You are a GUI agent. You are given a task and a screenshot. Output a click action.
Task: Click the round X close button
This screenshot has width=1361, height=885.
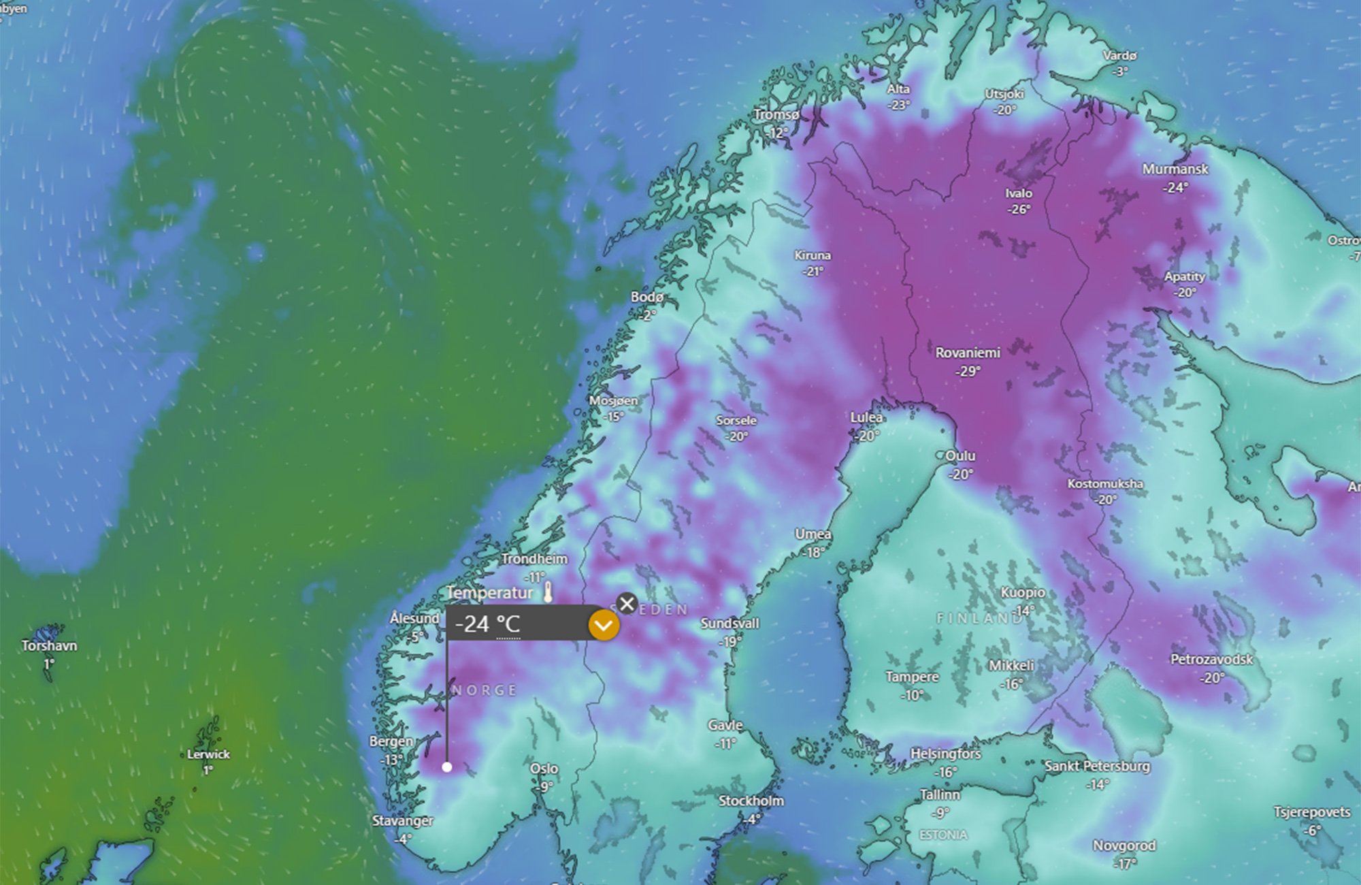point(627,603)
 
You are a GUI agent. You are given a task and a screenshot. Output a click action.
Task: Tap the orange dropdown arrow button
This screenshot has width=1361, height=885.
point(604,625)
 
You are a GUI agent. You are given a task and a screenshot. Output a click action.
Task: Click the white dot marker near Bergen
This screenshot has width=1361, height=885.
point(446,767)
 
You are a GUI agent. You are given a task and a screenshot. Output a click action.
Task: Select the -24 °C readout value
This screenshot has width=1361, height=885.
point(487,624)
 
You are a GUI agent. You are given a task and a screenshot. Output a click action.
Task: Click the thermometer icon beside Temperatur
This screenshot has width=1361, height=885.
point(548,592)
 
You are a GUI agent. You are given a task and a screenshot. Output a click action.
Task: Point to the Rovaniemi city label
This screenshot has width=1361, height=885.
point(968,353)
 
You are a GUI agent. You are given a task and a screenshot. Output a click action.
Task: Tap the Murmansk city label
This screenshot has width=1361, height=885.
point(1175,169)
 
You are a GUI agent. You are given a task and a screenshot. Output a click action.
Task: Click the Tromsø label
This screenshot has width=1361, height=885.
point(776,114)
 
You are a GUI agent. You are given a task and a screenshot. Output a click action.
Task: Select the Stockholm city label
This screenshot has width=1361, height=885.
point(751,801)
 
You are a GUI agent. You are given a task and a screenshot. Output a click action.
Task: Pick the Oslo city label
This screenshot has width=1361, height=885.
point(544,769)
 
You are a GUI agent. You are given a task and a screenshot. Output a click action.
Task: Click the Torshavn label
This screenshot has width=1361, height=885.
point(49,645)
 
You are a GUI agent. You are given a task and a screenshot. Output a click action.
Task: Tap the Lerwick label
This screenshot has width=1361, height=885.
point(208,754)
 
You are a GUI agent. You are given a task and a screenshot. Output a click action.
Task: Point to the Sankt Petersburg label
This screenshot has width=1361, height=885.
point(1097,766)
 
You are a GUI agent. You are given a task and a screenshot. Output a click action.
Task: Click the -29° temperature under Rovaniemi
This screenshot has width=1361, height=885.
point(968,372)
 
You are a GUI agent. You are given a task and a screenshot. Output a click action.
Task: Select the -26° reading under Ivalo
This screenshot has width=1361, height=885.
point(1019,210)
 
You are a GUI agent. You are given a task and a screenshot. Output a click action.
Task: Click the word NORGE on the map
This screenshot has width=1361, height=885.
point(485,690)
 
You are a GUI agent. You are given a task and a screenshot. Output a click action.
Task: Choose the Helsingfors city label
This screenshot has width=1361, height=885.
point(945,754)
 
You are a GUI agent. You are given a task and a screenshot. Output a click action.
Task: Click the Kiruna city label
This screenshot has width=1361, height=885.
point(813,255)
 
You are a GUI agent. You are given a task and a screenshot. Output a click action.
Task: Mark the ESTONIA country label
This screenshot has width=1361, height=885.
point(942,835)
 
